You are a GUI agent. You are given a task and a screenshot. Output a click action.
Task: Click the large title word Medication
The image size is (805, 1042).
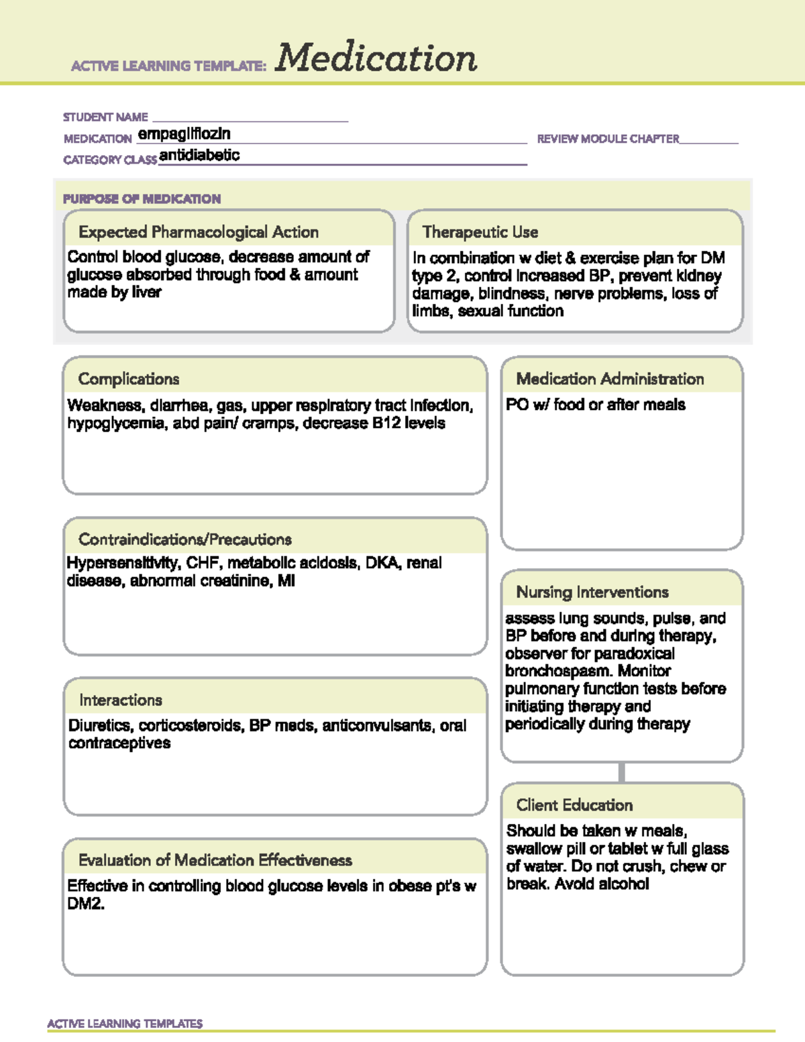click(376, 58)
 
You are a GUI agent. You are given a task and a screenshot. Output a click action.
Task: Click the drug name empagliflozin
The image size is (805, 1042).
click(184, 134)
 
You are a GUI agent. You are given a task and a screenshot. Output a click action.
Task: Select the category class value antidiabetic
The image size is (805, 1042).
click(199, 156)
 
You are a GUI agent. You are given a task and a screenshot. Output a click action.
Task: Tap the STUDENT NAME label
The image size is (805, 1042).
click(105, 117)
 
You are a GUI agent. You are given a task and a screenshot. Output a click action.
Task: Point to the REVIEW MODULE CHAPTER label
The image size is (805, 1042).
click(608, 139)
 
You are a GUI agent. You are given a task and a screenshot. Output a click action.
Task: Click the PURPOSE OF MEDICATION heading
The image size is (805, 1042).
click(142, 199)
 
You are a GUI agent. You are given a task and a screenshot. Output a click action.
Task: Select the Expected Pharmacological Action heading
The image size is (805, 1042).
click(199, 232)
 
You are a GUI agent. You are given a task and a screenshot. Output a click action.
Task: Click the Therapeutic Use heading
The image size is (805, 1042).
click(480, 232)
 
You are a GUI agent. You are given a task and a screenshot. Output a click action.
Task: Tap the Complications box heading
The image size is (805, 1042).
click(129, 379)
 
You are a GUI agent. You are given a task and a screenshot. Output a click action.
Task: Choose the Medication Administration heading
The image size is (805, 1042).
click(610, 379)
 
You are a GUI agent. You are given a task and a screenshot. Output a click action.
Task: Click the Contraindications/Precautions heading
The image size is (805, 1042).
click(185, 539)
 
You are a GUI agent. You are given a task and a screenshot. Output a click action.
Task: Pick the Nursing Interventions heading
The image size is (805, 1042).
click(592, 592)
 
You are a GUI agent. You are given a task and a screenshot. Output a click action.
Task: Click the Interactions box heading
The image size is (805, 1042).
click(121, 700)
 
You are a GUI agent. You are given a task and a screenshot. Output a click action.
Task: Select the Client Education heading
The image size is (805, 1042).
click(574, 805)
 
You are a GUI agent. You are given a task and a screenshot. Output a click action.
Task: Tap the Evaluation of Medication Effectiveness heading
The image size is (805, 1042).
click(215, 860)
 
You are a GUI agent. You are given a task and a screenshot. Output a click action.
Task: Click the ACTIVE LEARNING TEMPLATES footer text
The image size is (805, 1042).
click(125, 1024)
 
